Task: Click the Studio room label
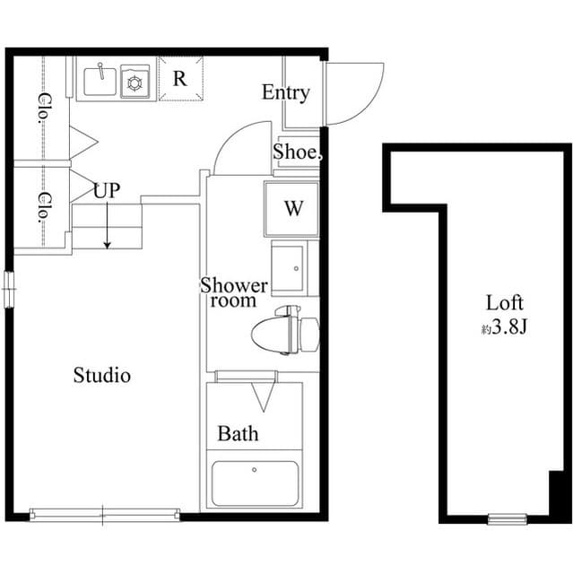coord(101,375)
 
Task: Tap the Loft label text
coord(504,302)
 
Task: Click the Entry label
coord(286,92)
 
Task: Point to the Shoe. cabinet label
coord(296,153)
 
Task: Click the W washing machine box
coord(292,209)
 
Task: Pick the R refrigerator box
coord(180,78)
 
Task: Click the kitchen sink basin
coord(100,82)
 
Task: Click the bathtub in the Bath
coord(255,484)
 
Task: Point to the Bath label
coord(239,434)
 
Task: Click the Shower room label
coord(233,293)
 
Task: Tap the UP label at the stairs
coord(107,191)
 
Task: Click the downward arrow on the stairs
coord(107,230)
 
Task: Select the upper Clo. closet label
coord(42,109)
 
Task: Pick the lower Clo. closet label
coord(42,207)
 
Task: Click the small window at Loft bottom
coord(508,518)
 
